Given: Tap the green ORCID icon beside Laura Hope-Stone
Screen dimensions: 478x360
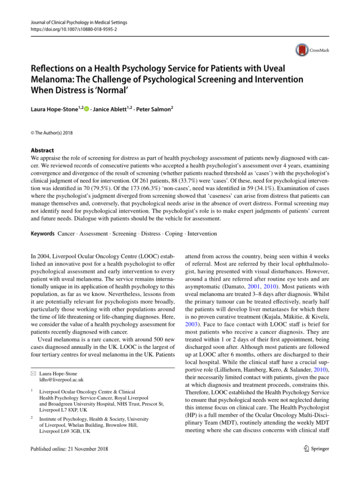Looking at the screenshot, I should [86, 106].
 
